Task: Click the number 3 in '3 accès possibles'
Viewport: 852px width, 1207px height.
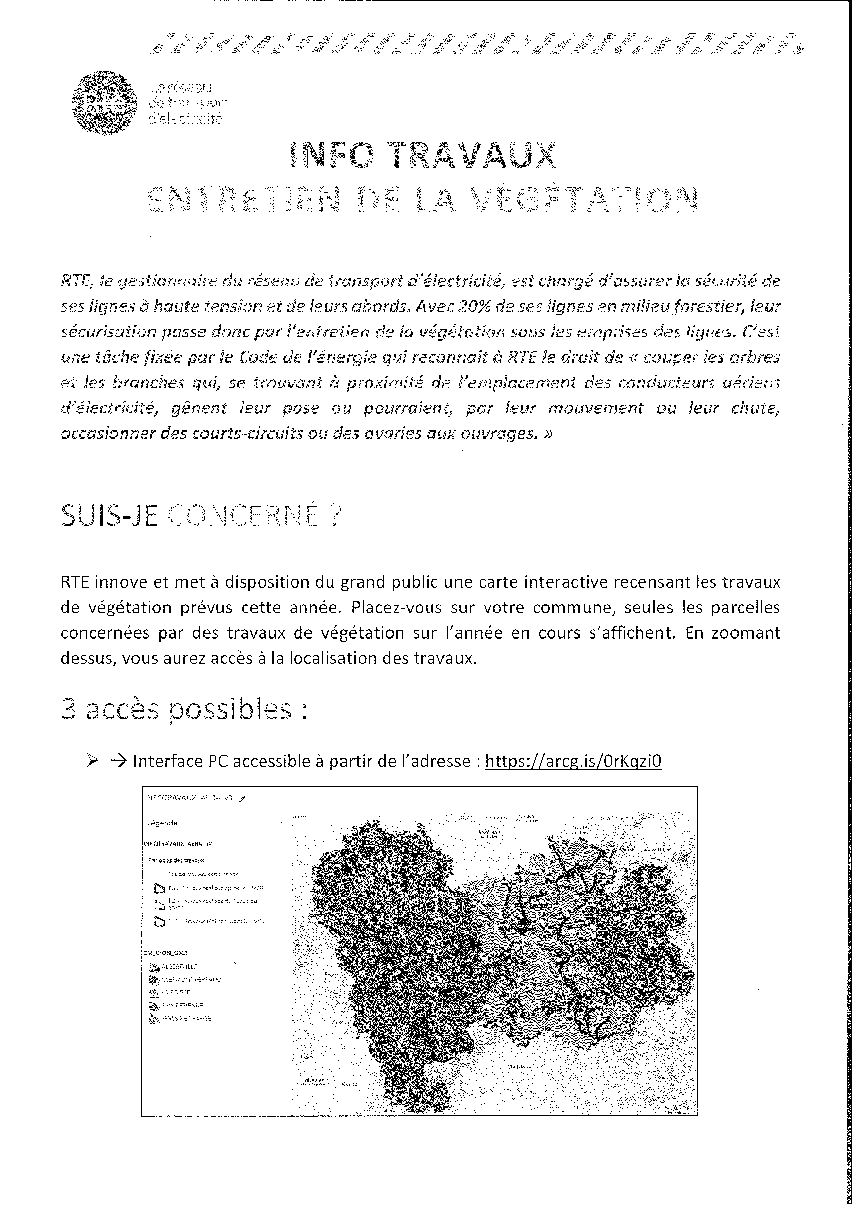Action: [69, 710]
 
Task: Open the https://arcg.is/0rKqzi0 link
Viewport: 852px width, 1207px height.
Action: [573, 761]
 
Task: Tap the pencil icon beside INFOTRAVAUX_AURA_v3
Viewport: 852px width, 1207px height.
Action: [242, 799]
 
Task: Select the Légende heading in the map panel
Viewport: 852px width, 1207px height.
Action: [162, 823]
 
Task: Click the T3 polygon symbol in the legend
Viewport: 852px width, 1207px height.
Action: [159, 888]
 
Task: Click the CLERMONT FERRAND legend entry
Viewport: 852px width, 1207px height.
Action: [191, 979]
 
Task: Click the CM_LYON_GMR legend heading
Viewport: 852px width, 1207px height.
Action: [165, 953]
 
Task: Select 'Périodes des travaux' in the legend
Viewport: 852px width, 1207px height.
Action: [176, 860]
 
